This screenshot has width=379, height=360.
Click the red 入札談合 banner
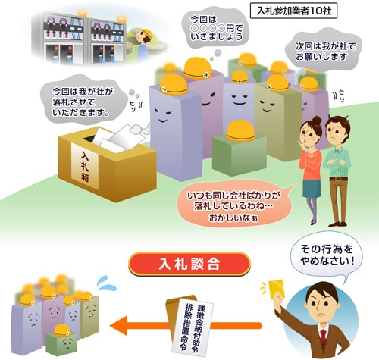[x=189, y=264]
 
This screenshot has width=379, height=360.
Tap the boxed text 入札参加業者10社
[x=293, y=11]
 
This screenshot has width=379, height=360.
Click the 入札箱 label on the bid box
[x=85, y=166]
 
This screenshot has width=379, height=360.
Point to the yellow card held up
[x=277, y=289]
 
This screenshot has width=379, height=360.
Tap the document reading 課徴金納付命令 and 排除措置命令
[x=193, y=328]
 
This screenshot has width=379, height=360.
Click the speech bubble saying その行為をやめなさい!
[x=327, y=255]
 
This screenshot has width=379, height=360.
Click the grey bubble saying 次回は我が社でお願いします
[x=324, y=52]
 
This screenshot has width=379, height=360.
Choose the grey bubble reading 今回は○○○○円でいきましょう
[x=215, y=28]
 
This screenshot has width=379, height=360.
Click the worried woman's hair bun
[x=316, y=120]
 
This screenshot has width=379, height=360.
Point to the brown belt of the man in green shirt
[x=338, y=179]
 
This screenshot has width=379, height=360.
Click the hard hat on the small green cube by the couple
[x=240, y=130]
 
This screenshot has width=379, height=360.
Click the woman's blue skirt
[x=312, y=188]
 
